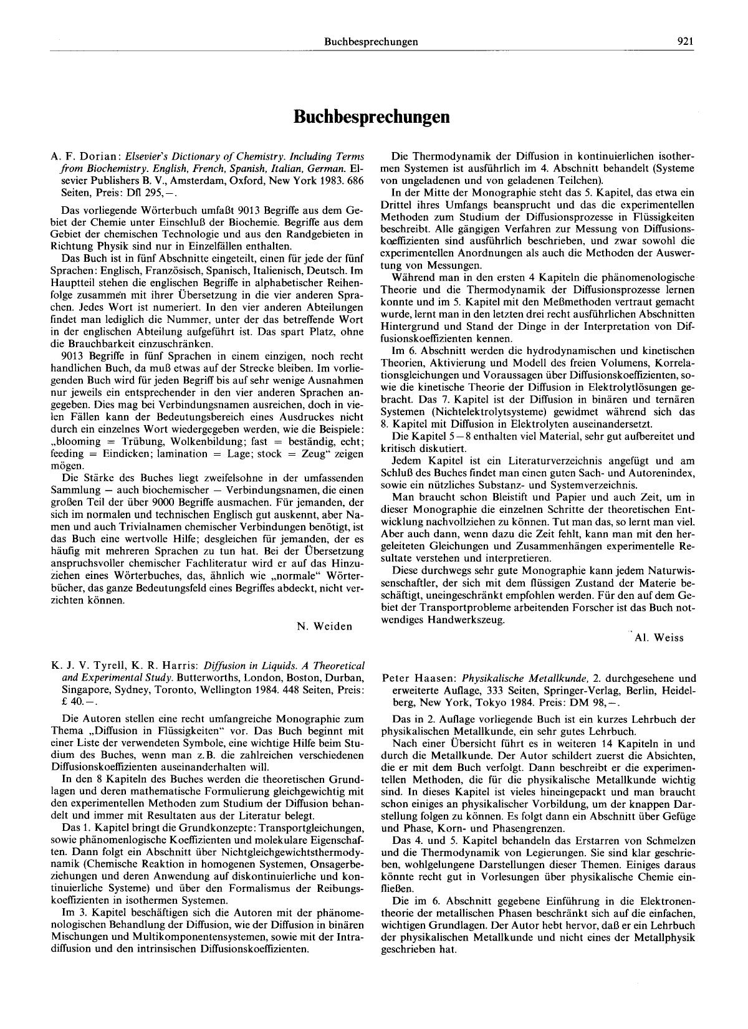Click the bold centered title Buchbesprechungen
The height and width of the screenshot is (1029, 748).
pyautogui.click(x=372, y=117)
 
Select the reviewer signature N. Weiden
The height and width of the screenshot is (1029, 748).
pyautogui.click(x=325, y=626)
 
